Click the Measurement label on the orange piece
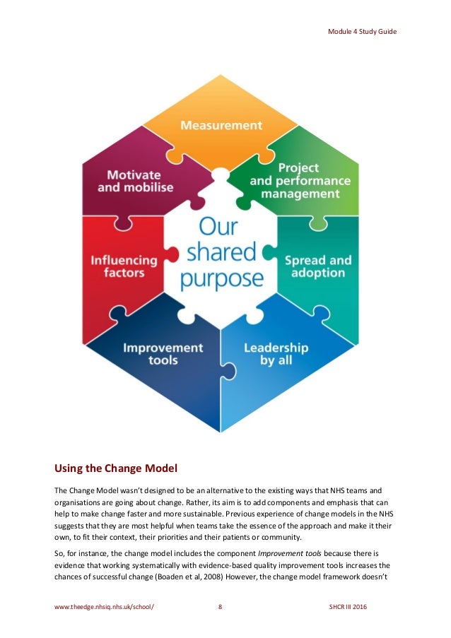[221, 126]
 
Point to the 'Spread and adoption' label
[317, 266]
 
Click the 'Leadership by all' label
[276, 354]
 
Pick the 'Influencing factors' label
[118, 266]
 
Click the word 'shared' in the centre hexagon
[221, 252]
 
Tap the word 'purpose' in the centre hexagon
[221, 278]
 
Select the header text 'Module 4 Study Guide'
[361, 32]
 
